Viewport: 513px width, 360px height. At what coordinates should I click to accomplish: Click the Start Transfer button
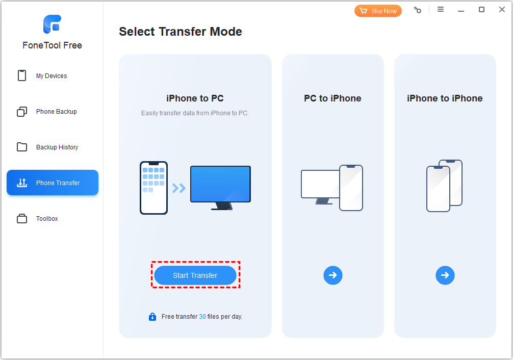[x=195, y=275]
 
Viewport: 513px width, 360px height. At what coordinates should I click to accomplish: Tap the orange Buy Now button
[x=378, y=11]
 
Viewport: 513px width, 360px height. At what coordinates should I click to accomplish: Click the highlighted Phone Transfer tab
[x=53, y=183]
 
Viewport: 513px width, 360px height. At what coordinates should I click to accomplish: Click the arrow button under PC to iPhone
[x=332, y=275]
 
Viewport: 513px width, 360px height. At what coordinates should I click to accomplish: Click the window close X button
[x=502, y=10]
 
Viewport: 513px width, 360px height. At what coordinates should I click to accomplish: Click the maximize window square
[x=481, y=10]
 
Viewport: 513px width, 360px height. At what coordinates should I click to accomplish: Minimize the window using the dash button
[x=460, y=11]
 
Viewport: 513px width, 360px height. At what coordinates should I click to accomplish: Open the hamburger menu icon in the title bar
[x=441, y=10]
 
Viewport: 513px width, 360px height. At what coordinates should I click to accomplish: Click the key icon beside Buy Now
[x=418, y=10]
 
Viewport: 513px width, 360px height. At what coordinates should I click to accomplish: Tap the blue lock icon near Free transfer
[x=152, y=317]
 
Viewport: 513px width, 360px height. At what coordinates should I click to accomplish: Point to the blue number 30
[x=202, y=317]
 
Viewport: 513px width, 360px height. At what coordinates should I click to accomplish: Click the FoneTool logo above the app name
[x=53, y=24]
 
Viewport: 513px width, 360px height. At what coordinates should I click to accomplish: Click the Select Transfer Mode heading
[x=181, y=32]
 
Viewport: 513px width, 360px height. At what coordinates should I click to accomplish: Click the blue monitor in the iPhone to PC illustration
[x=220, y=188]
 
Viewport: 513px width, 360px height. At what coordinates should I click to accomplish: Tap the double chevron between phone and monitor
[x=178, y=188]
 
